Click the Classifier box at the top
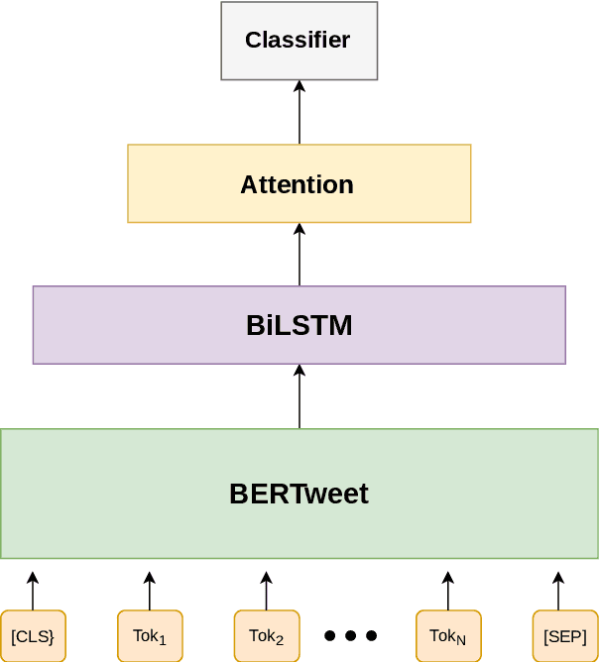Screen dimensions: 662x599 tap(299, 41)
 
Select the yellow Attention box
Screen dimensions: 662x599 tap(299, 183)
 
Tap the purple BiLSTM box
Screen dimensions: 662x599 tap(299, 325)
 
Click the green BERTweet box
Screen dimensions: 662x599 tap(299, 494)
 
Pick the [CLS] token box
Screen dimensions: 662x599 tap(33, 636)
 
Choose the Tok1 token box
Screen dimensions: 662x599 tap(150, 636)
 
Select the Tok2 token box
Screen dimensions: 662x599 tap(267, 636)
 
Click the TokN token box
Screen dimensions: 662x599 tap(447, 636)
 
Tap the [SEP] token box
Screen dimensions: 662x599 tap(564, 636)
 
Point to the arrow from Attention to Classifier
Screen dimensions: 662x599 tap(299, 112)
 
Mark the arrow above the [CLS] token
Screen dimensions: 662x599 tap(32, 591)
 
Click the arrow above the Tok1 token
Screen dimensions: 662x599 tap(149, 591)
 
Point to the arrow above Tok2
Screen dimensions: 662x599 tap(266, 591)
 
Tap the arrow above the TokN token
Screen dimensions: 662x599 tap(447, 591)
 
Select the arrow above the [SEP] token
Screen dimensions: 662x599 tap(558, 591)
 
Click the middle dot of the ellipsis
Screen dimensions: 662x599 tap(351, 635)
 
